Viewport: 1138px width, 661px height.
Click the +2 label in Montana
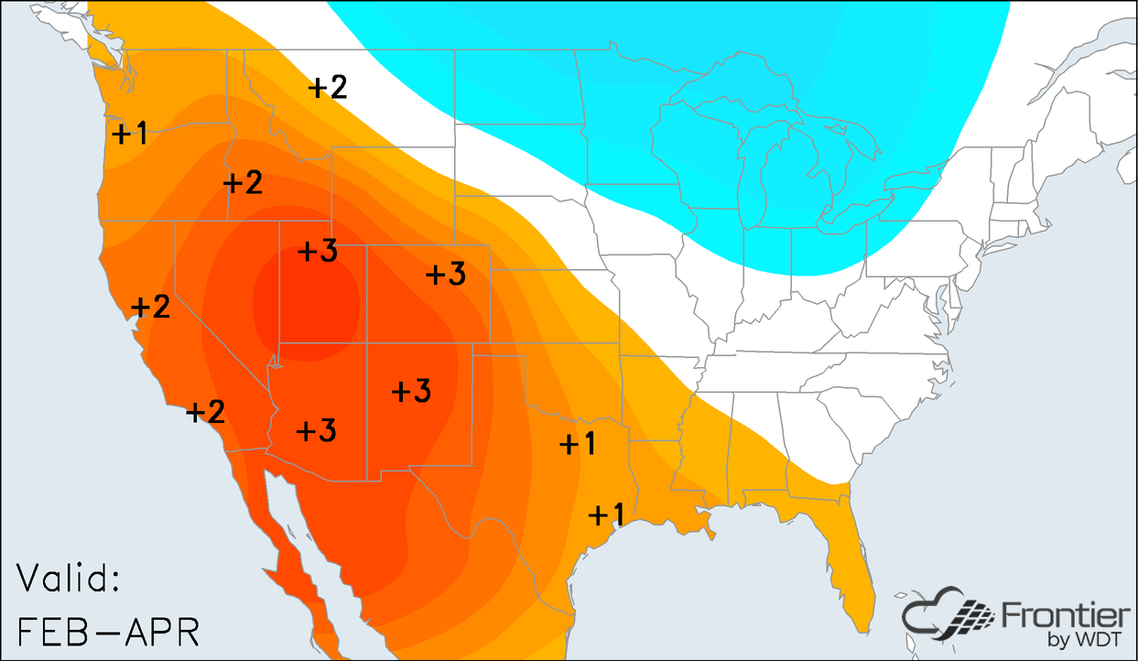(x=328, y=87)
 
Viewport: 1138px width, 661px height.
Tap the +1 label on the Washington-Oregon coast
(x=128, y=134)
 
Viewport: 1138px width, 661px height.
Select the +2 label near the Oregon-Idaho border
(x=244, y=182)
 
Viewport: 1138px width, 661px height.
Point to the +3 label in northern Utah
(x=319, y=252)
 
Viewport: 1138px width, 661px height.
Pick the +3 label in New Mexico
(x=411, y=391)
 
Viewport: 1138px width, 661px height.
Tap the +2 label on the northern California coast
(x=151, y=308)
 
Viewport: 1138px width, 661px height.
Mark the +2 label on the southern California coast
(x=205, y=412)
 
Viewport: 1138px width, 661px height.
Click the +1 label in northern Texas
(x=578, y=444)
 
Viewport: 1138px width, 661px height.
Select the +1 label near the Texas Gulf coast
(x=605, y=515)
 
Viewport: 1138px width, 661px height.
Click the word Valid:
(x=69, y=580)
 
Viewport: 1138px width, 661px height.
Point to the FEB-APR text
(x=108, y=631)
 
